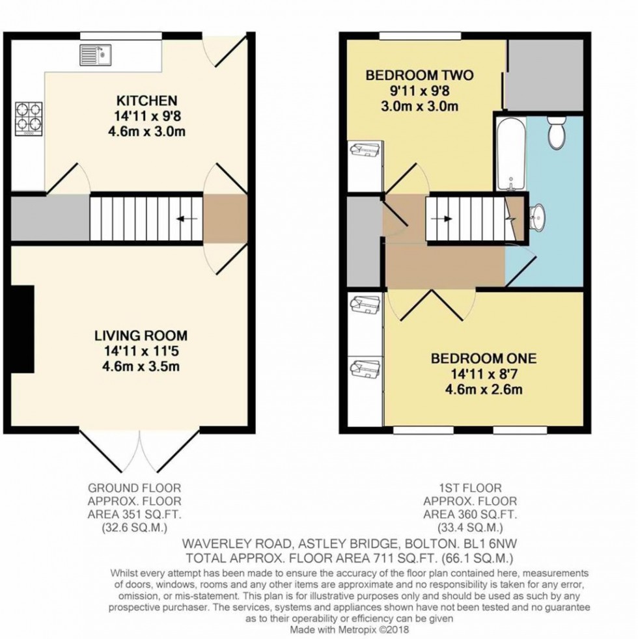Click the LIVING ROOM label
click(141, 336)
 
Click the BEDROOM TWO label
click(419, 75)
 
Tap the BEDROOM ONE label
click(484, 358)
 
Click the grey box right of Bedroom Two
click(544, 74)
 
